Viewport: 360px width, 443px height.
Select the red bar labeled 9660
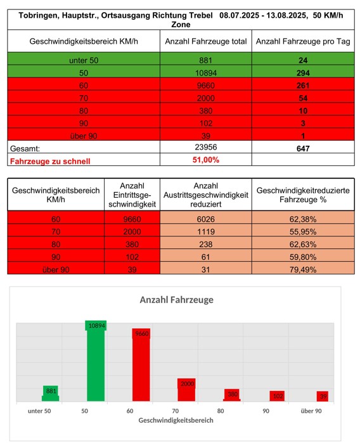pyautogui.click(x=141, y=365)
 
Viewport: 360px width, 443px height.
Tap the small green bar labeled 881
pyautogui.click(x=51, y=394)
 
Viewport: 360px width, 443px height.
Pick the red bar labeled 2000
pyautogui.click(x=186, y=390)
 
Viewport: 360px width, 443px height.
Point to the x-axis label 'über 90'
pyautogui.click(x=311, y=411)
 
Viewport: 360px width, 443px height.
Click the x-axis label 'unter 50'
pyautogui.click(x=39, y=411)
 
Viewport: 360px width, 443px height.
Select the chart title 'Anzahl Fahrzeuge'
pyautogui.click(x=177, y=300)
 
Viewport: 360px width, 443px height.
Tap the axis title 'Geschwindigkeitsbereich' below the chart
pyautogui.click(x=176, y=420)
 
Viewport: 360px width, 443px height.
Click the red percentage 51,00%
pyautogui.click(x=206, y=160)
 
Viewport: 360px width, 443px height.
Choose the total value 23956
pyautogui.click(x=206, y=147)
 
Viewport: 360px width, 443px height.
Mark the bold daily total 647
pyautogui.click(x=303, y=148)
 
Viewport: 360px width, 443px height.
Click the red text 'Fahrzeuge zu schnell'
pyautogui.click(x=50, y=162)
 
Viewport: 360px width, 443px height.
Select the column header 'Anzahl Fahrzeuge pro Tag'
pyautogui.click(x=303, y=42)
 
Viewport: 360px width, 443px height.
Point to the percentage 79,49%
pyautogui.click(x=303, y=269)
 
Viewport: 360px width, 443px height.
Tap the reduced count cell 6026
pyautogui.click(x=206, y=219)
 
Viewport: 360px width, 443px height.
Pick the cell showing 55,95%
pyautogui.click(x=303, y=232)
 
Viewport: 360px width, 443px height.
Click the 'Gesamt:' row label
pyautogui.click(x=25, y=148)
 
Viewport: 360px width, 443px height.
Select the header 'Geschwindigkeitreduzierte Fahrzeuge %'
pyautogui.click(x=303, y=195)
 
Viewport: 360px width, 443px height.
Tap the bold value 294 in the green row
pyautogui.click(x=303, y=73)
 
